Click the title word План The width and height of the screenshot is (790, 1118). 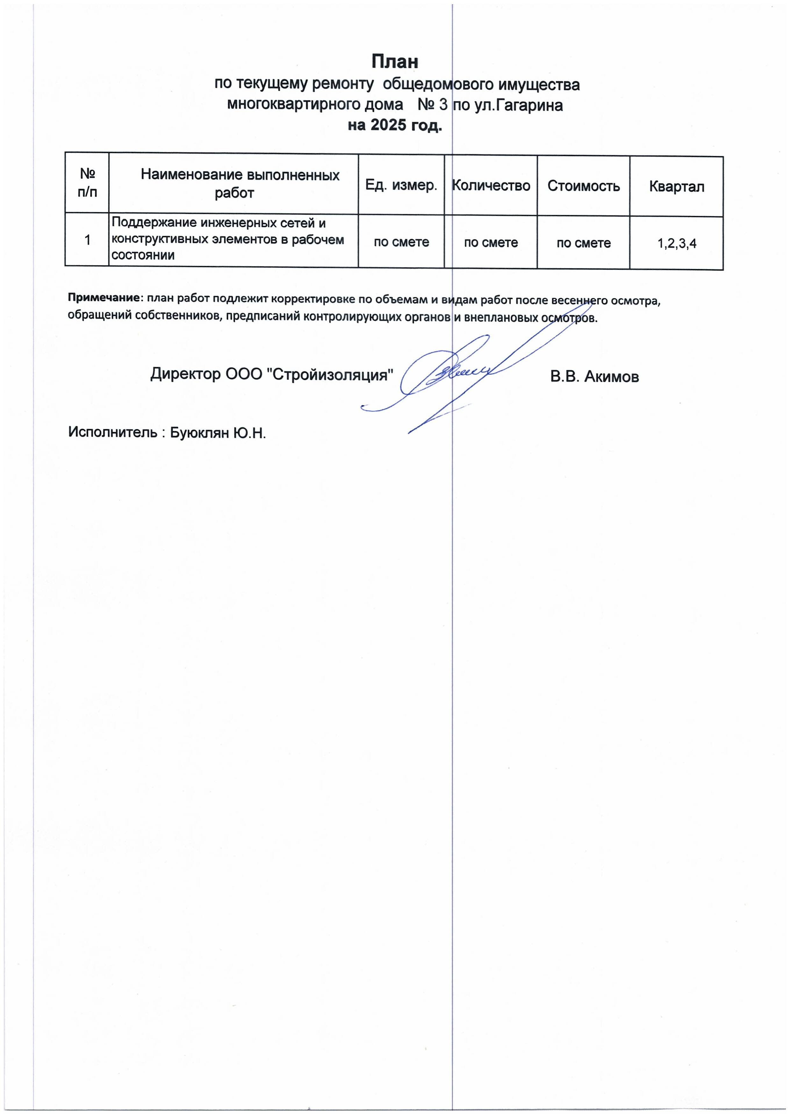point(395,62)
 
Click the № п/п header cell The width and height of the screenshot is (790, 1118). point(87,183)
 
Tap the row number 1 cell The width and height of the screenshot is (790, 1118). point(87,240)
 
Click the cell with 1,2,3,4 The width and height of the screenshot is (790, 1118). point(677,243)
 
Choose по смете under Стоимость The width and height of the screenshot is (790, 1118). point(583,243)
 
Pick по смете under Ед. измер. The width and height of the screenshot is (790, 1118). point(401,242)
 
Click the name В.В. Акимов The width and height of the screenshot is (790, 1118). point(594,376)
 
